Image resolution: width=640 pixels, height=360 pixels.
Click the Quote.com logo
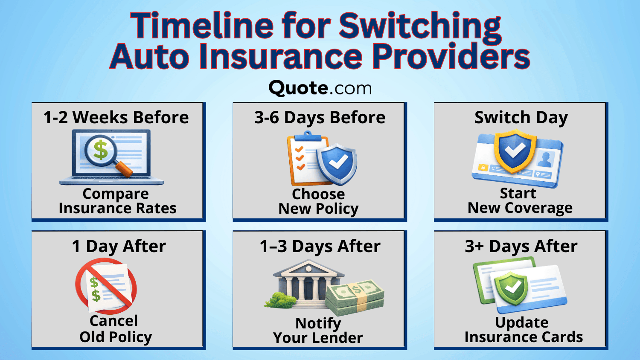tap(320, 88)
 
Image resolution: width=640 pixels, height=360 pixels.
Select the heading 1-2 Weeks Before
tap(116, 117)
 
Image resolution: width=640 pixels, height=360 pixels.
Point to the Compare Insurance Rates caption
tap(117, 201)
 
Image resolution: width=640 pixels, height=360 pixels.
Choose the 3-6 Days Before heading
tap(320, 117)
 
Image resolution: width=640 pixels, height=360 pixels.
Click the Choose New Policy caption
tap(318, 201)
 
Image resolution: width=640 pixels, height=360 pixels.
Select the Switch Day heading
tap(521, 117)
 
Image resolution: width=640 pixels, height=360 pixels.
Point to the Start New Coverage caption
tap(520, 200)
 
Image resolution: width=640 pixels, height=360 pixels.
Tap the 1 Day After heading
tap(119, 246)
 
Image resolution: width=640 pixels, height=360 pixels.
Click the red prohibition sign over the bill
tap(106, 286)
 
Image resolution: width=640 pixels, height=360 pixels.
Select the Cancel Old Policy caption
tap(115, 329)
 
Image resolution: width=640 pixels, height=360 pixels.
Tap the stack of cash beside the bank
tap(355, 296)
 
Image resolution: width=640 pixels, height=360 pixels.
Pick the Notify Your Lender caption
tap(318, 331)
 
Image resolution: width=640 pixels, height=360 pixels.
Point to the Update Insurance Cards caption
tap(523, 330)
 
